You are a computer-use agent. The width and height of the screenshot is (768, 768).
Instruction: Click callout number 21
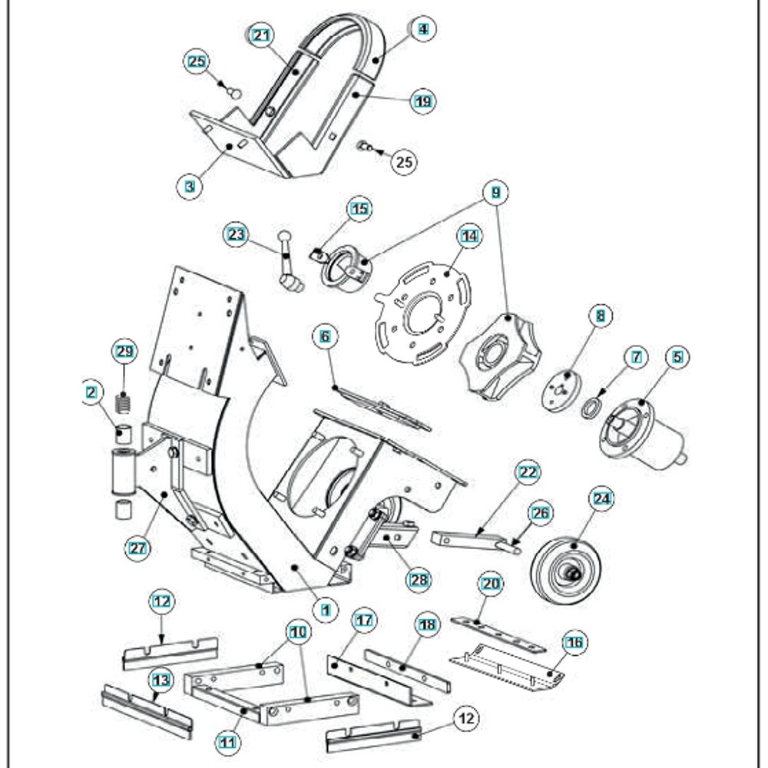[262, 36]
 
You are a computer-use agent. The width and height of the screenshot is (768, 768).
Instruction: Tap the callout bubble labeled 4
[422, 29]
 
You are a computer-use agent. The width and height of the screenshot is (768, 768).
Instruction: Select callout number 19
[422, 101]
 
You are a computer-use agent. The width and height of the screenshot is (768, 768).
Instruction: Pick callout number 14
[469, 237]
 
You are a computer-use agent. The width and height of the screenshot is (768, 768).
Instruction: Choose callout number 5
[677, 356]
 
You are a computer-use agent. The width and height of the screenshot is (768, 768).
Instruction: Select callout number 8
[600, 314]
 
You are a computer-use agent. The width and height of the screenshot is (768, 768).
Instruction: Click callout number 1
[326, 607]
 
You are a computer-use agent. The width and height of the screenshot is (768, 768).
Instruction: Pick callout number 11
[227, 743]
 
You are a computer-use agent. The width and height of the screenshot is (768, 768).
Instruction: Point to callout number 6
[325, 336]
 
